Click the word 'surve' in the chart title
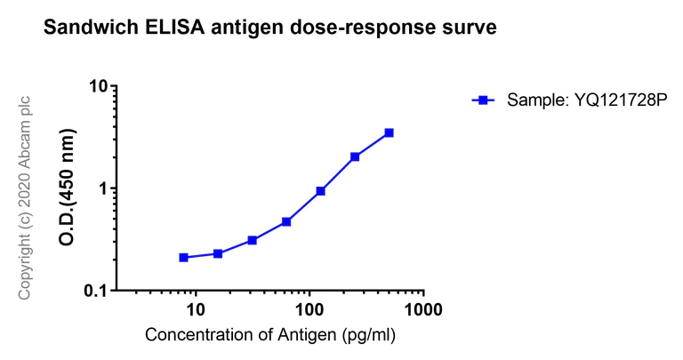466,28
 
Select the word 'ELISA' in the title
165,28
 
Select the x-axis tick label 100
309,310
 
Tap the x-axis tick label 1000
423,310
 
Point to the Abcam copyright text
25,197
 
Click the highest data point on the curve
389,133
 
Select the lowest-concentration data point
183,258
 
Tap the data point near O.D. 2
355,156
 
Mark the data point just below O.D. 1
320,191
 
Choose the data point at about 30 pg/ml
253,240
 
